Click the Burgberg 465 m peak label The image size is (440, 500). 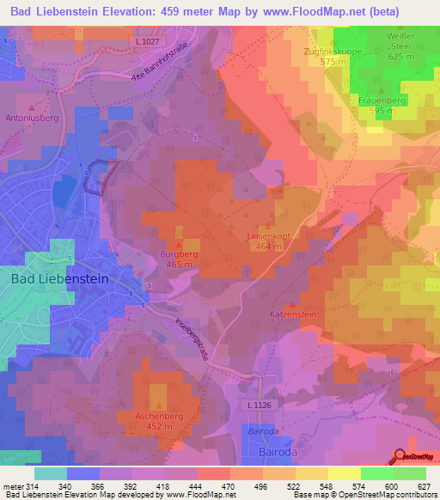tap(179, 259)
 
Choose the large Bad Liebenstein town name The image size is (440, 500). tap(58, 279)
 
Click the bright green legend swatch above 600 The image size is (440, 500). tap(377, 473)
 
